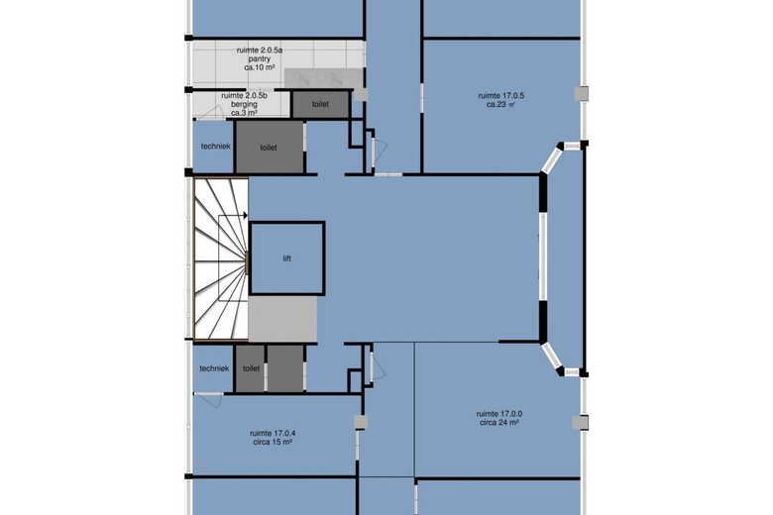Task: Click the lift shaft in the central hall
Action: click(x=287, y=258)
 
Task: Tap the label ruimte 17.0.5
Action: click(x=500, y=96)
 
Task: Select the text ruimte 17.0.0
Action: click(x=499, y=414)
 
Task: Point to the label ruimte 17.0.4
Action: click(x=273, y=433)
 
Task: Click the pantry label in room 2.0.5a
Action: click(x=260, y=58)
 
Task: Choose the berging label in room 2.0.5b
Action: click(x=244, y=104)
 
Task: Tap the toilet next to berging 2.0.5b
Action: click(x=320, y=104)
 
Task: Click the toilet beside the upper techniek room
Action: click(x=269, y=147)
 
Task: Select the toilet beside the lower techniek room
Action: click(x=251, y=368)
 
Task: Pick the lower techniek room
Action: click(x=213, y=367)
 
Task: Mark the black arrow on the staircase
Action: click(x=245, y=215)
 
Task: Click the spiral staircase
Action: click(x=220, y=258)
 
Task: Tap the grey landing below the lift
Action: click(x=282, y=318)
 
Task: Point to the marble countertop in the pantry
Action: click(x=324, y=78)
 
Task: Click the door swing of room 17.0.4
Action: click(x=209, y=400)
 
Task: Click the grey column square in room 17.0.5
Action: click(x=582, y=94)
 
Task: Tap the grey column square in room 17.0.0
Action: click(x=581, y=422)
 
